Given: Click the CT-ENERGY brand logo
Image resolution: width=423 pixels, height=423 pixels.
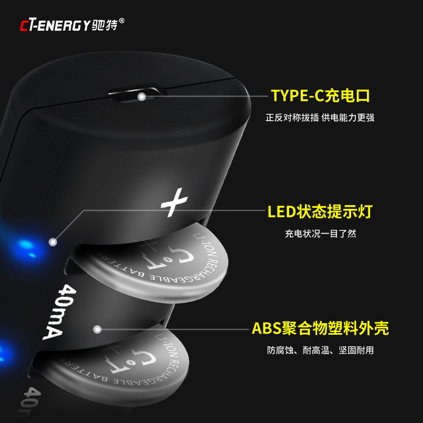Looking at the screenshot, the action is pos(55,25).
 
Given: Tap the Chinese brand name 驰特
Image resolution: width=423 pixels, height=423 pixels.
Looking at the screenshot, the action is pos(104,25).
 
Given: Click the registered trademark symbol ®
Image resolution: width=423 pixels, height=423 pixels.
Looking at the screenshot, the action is pos(122,21).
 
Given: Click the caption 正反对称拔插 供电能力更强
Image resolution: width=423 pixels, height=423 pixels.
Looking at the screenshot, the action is pos(320,118).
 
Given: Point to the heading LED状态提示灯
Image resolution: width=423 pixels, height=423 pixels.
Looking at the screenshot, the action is pos(320,212).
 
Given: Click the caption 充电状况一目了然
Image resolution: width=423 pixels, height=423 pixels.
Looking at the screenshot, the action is pos(320,234).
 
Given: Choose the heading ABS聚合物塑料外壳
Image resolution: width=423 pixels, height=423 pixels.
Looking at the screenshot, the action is pos(320,328).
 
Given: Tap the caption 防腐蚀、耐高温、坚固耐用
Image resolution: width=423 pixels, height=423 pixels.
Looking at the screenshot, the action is pos(320,350).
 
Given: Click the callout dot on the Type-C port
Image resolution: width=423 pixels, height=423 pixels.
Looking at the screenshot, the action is pos(142,97).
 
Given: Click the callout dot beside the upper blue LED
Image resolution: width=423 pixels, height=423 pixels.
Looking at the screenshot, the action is pos(52,242).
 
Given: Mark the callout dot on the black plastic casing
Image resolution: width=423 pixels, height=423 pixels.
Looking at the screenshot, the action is pos(97,329).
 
